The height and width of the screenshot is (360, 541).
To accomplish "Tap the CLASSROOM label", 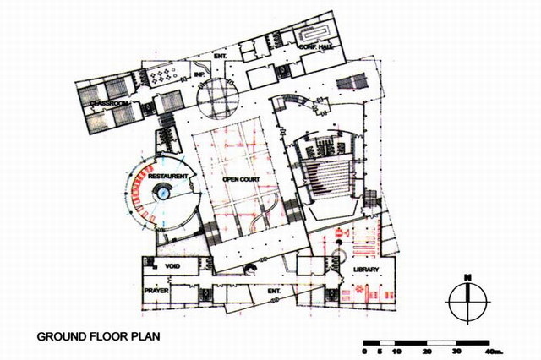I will pos(110,103).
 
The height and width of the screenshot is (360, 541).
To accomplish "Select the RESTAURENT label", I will pos(167,177).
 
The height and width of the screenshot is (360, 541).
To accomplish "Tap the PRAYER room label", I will pos(157,291).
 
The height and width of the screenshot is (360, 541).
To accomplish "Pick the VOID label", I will pos(173,267).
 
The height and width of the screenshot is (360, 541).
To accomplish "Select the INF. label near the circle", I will pos(200,74).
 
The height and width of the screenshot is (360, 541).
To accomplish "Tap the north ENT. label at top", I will pos(221,57).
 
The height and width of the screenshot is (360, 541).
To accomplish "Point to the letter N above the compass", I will pos(467,277).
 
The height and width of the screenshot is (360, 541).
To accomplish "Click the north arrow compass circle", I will pos(467,301).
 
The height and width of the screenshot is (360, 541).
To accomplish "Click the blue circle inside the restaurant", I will pos(164,194).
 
